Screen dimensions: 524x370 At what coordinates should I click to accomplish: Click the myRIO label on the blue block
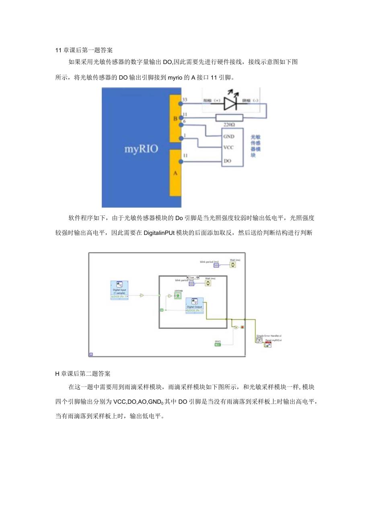click(x=141, y=149)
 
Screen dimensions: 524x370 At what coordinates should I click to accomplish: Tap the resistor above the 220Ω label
click(x=229, y=118)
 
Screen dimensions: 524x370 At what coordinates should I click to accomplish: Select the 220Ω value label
click(x=229, y=125)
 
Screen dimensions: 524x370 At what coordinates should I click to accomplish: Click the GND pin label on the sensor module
click(x=229, y=137)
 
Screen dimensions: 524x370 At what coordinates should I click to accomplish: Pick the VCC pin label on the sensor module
click(x=228, y=147)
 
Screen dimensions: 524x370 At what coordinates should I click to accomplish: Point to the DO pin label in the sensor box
click(x=227, y=161)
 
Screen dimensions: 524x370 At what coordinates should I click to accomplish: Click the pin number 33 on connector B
click(x=185, y=99)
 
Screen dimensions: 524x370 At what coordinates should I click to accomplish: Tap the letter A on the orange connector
click(x=175, y=173)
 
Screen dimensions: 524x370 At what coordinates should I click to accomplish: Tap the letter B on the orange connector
click(x=175, y=119)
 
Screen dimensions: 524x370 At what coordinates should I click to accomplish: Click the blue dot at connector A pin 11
click(x=181, y=162)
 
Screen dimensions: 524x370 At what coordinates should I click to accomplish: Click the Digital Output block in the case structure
click(x=195, y=306)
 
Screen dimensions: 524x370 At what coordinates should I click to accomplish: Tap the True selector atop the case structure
click(x=191, y=277)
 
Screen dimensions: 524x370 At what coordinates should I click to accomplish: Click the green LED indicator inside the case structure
click(x=177, y=296)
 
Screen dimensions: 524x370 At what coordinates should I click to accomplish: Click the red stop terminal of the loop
click(x=242, y=327)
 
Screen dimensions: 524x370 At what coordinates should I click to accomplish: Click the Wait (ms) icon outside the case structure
click(x=232, y=265)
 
